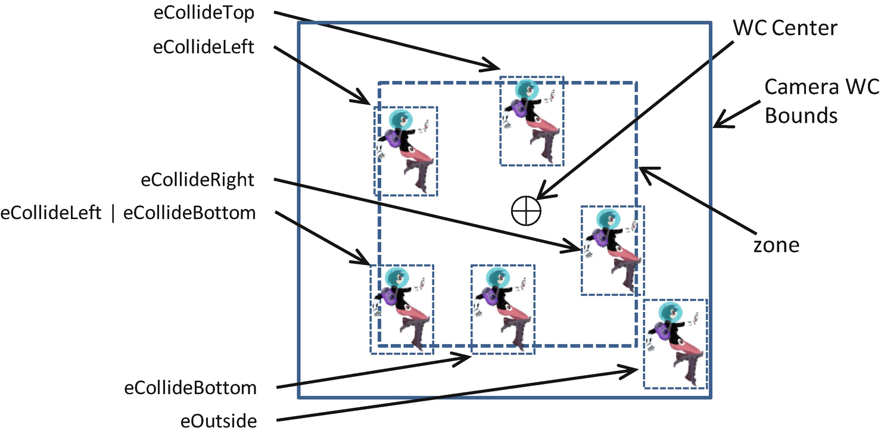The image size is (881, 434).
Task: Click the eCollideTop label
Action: (x=204, y=14)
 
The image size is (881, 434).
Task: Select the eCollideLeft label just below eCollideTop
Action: (x=204, y=48)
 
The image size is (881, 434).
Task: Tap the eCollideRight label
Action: (x=198, y=180)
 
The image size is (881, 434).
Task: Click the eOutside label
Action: (x=219, y=421)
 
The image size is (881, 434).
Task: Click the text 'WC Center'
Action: (x=785, y=28)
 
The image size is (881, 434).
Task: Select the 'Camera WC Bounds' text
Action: (x=821, y=101)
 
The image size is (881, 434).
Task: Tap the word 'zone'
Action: (x=774, y=245)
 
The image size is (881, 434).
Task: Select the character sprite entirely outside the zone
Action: (x=675, y=344)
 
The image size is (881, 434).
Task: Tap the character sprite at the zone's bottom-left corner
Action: (x=402, y=309)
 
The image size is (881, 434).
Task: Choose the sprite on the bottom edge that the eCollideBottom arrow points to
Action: (x=503, y=309)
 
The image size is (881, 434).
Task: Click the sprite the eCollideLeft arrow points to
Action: (x=406, y=151)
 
